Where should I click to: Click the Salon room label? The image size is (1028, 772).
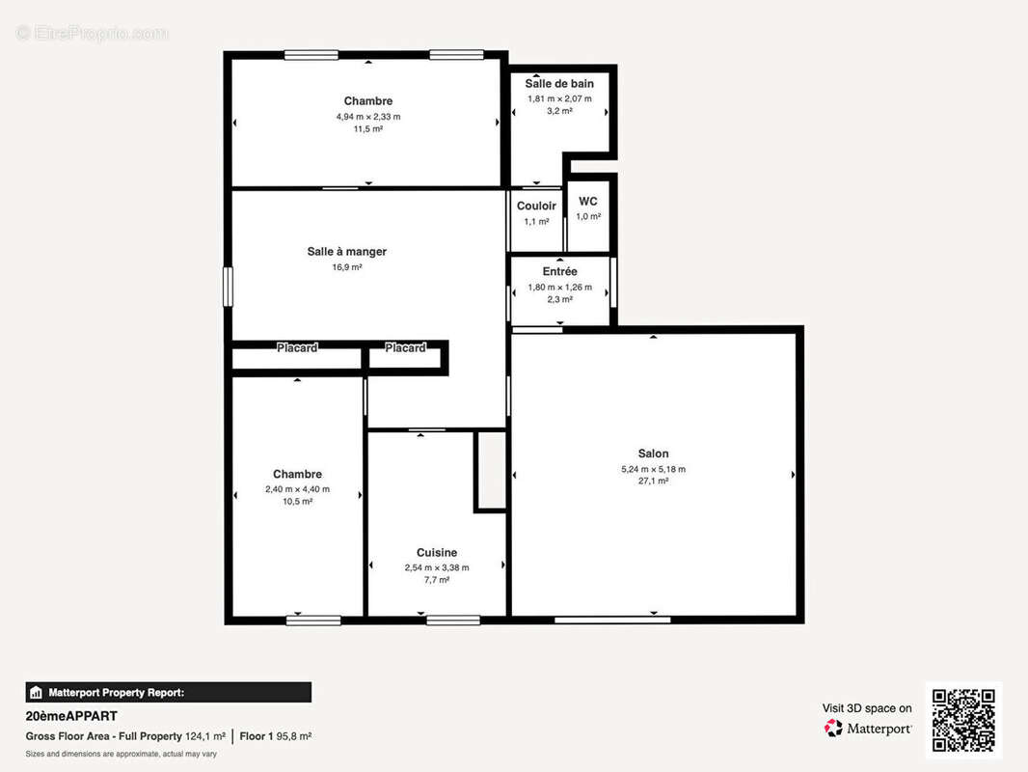point(653,454)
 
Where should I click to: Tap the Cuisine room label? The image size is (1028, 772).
point(437,553)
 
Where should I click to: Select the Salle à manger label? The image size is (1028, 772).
point(347,252)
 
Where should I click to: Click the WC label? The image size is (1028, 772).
point(588,202)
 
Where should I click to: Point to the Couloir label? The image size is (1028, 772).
point(536,207)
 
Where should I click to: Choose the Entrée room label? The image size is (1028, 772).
point(559,272)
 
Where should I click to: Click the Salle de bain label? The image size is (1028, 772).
point(559,84)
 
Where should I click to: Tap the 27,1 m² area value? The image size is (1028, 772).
point(653,481)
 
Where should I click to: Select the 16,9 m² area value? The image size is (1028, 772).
point(347,267)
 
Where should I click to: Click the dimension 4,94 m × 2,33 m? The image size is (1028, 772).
point(368,117)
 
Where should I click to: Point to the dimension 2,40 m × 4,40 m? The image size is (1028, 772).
point(297,489)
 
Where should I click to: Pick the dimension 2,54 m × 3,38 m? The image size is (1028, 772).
point(437,567)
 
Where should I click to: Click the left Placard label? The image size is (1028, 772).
point(297,347)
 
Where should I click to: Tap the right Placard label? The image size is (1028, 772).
point(405,347)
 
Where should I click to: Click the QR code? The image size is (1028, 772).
point(964,720)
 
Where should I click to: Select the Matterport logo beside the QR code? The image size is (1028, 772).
point(868,729)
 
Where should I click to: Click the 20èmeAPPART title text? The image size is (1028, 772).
point(71,716)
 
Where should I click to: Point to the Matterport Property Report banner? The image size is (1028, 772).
point(169,692)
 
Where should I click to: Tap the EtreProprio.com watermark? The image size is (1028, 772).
point(92,33)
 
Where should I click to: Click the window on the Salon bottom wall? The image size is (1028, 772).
point(599,620)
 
